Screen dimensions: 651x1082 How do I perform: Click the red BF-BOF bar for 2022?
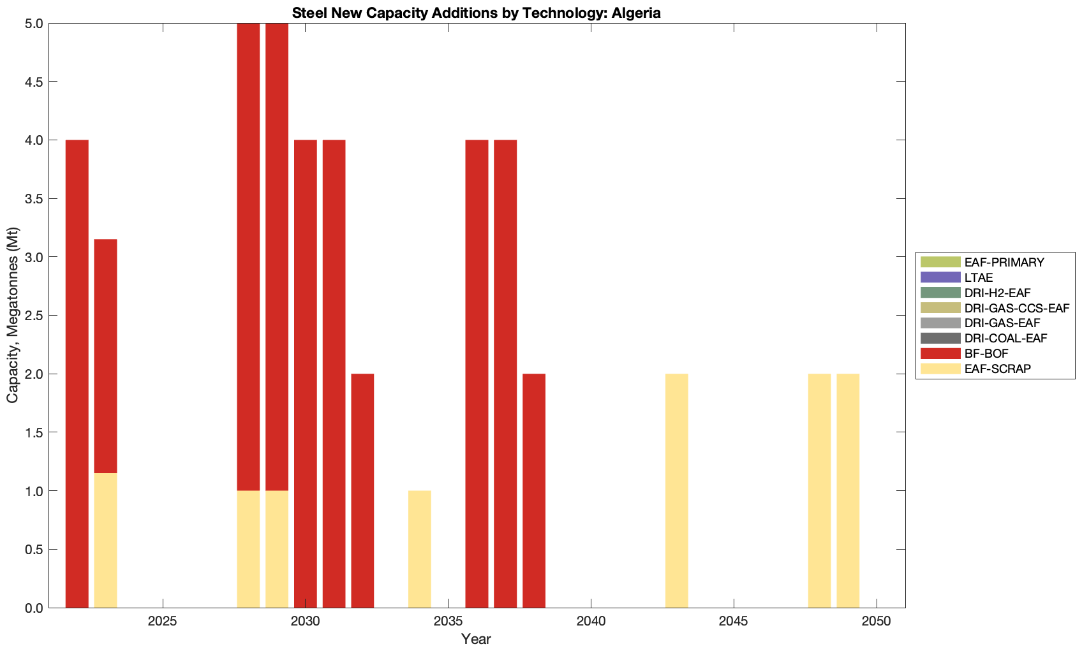point(77,374)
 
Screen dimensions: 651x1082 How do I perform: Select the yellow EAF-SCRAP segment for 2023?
point(105,540)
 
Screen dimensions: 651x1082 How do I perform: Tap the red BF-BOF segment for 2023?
point(105,356)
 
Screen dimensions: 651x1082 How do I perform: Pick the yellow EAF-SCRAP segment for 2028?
point(248,549)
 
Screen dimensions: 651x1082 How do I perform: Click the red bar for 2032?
point(362,490)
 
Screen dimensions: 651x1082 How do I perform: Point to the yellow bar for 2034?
point(420,549)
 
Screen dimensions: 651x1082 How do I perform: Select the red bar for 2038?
point(534,490)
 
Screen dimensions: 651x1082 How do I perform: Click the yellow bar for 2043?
point(676,490)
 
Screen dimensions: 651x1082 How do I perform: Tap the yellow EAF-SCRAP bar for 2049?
point(848,490)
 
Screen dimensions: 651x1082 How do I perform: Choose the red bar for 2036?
point(477,374)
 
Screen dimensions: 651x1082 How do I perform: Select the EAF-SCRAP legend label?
point(997,369)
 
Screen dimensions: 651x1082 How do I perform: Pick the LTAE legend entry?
point(979,277)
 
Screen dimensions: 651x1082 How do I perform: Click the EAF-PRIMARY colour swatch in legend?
point(940,262)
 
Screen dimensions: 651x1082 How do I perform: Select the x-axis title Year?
point(476,639)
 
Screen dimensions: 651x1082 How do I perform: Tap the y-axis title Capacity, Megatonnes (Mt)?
point(13,315)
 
